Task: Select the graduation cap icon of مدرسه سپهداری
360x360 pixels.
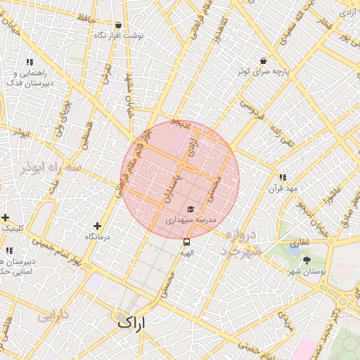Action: (x=190, y=209)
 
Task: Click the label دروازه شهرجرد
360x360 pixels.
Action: (x=243, y=243)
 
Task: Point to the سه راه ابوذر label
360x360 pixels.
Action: (x=51, y=168)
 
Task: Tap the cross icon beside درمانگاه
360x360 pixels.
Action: (x=97, y=226)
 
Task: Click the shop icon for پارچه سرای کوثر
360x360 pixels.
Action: (x=263, y=60)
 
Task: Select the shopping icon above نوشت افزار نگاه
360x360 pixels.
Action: (x=118, y=25)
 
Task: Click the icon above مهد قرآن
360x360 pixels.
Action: (x=283, y=178)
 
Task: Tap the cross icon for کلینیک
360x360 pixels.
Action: (x=6, y=217)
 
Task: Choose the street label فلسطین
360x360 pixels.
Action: (x=86, y=134)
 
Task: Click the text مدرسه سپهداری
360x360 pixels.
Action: (x=188, y=220)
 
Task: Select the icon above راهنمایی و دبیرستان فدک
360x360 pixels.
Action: (x=30, y=63)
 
